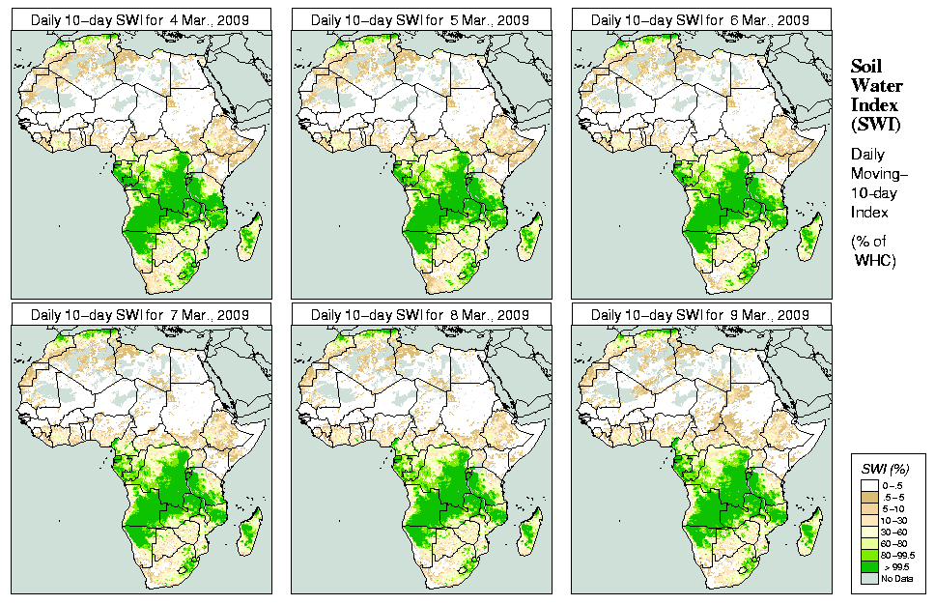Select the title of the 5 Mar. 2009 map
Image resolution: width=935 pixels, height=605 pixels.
click(420, 19)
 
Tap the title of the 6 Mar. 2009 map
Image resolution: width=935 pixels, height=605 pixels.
click(700, 19)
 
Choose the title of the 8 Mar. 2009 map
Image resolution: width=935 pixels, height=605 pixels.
click(420, 314)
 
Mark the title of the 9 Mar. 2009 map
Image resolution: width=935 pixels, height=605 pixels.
click(700, 314)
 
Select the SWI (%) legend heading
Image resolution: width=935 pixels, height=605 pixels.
click(885, 467)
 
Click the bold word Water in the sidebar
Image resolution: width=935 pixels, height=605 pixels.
click(876, 85)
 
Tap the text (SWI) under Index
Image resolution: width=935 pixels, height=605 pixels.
click(874, 124)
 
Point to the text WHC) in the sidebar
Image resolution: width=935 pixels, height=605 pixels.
click(877, 261)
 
